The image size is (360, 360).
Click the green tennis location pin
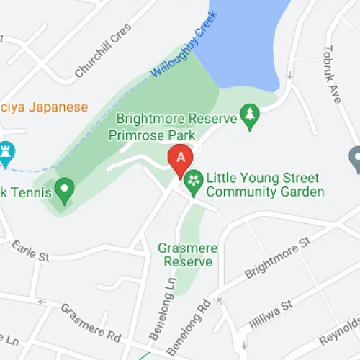(x=65, y=190)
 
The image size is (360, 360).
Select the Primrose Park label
(x=143, y=135)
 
